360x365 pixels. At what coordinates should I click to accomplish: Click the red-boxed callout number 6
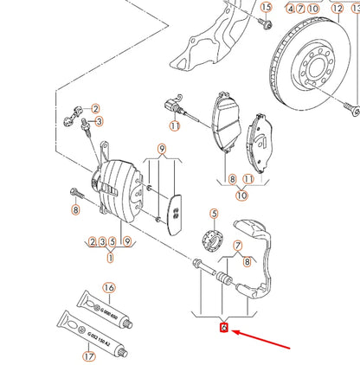(x=223, y=328)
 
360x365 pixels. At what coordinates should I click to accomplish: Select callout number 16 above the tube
(x=109, y=287)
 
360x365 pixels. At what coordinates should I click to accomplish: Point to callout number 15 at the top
(x=266, y=8)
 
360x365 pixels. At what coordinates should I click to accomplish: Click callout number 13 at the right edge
(x=353, y=9)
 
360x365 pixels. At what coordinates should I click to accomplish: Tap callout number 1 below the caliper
(x=110, y=257)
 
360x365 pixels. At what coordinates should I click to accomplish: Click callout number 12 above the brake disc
(x=337, y=9)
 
